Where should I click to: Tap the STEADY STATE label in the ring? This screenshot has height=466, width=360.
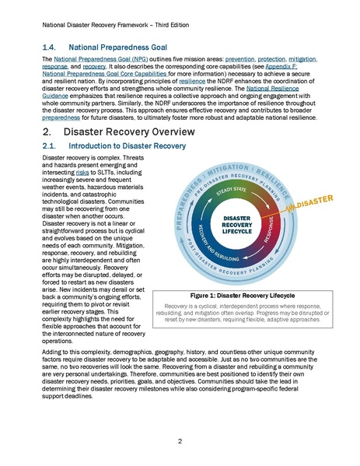236,189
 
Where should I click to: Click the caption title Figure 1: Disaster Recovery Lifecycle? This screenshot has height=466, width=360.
238,295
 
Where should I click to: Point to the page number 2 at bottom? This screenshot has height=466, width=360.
180,441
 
